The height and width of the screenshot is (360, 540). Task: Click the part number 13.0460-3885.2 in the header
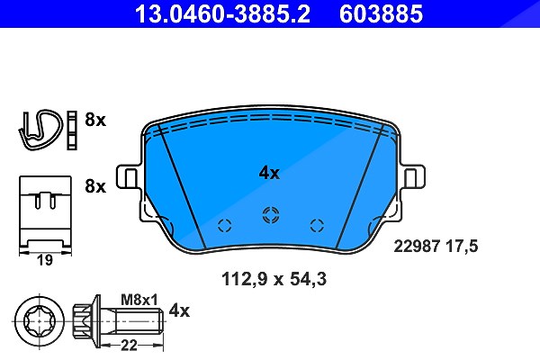pos(222,13)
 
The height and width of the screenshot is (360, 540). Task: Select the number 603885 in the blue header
pos(381,13)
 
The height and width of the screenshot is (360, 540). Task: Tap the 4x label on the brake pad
pos(269,173)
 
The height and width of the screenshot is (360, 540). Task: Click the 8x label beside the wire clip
pos(95,120)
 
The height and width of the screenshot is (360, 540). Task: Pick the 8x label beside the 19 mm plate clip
pos(95,186)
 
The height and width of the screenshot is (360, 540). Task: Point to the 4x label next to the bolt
pos(179,310)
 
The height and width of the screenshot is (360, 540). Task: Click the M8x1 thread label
pos(139,300)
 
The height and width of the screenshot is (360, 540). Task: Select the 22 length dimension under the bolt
pos(129,345)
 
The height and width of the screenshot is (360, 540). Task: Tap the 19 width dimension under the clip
pos(45,260)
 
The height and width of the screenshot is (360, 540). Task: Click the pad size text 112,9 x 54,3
pos(274,279)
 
